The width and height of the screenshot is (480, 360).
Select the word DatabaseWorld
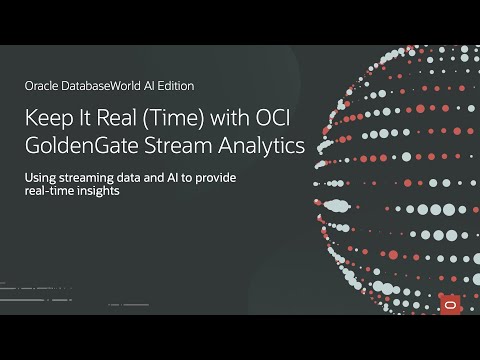[x=105, y=86]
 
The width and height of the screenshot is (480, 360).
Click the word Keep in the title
[x=48, y=118]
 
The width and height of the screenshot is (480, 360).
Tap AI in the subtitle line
[x=180, y=178]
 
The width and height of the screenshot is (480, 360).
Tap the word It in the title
[x=83, y=118]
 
